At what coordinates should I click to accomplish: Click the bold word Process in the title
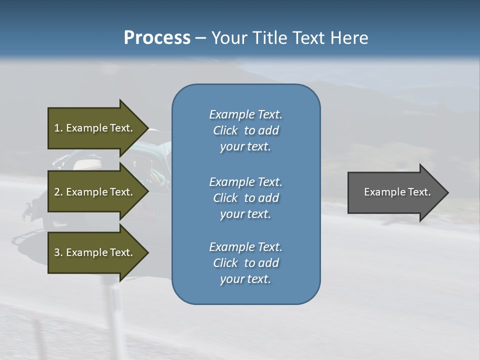pyautogui.click(x=157, y=38)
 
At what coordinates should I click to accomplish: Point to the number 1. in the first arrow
pyautogui.click(x=58, y=128)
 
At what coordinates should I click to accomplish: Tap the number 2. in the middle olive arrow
pyautogui.click(x=58, y=192)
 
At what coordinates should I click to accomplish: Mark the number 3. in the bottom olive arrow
pyautogui.click(x=58, y=252)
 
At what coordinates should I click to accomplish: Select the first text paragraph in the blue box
pyautogui.click(x=245, y=130)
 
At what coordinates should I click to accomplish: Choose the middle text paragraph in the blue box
pyautogui.click(x=245, y=198)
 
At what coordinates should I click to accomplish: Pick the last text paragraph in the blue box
pyautogui.click(x=245, y=263)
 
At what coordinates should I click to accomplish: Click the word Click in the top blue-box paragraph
pyautogui.click(x=225, y=130)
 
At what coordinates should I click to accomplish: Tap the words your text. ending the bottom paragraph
pyautogui.click(x=245, y=279)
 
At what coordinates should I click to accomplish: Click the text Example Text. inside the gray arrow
pyautogui.click(x=397, y=192)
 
